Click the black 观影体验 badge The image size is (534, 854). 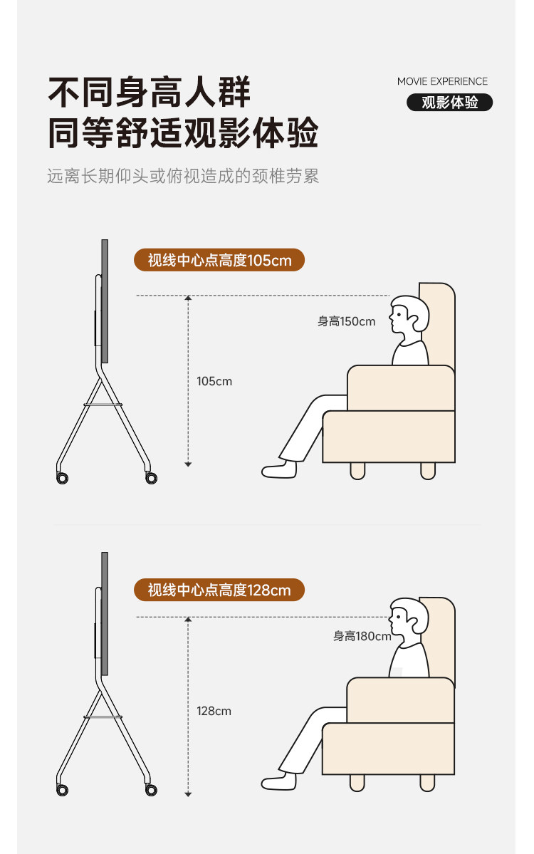pos(449,103)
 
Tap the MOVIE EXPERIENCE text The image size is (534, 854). pos(442,81)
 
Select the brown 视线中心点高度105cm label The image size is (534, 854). pos(219,261)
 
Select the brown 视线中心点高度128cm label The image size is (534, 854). pos(219,590)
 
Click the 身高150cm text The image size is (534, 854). pos(346,321)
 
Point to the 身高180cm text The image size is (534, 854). pos(362,635)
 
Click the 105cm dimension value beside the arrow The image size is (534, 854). pos(214,381)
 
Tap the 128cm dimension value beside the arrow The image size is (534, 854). pos(214,711)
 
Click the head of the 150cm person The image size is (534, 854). pos(409,316)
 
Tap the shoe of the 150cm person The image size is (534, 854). pos(279,469)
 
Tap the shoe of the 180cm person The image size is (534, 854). pos(279,781)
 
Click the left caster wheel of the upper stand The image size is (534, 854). pos(62,478)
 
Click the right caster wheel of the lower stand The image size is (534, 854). pos(152,790)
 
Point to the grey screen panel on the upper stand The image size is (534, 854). pos(105,301)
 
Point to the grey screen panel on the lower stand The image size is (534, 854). pos(105,614)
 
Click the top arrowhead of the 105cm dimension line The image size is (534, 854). pos(189,298)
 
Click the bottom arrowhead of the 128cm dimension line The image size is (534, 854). pos(189,795)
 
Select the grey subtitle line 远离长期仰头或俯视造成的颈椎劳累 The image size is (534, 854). pos(183,176)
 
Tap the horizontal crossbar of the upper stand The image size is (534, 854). pos(103,405)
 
